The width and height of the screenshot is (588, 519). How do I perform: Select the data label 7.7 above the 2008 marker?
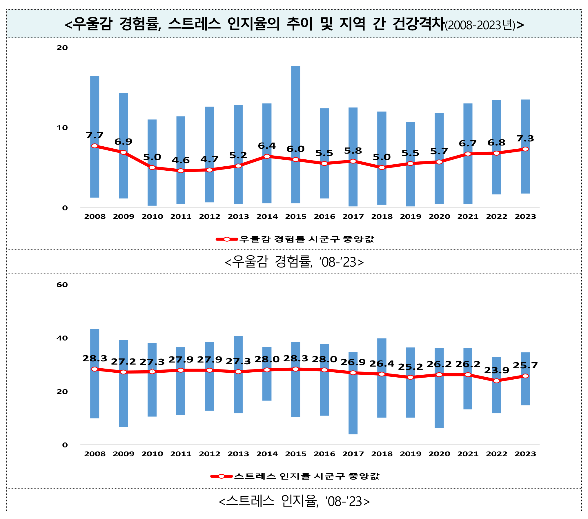(x=95, y=135)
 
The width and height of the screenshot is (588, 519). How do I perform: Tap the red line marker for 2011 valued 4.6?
(x=181, y=171)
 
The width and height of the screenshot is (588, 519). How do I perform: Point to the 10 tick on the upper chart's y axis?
(x=62, y=128)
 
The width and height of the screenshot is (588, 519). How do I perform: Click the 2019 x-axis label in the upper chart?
(x=410, y=216)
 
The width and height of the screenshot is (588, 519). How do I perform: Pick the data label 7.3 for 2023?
(x=525, y=139)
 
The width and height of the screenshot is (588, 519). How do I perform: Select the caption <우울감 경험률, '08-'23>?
(x=294, y=262)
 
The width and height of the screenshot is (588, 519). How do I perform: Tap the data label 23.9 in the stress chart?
(x=496, y=370)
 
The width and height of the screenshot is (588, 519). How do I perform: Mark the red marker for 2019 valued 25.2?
(x=410, y=377)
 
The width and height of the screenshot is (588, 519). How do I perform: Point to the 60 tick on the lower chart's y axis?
(x=62, y=285)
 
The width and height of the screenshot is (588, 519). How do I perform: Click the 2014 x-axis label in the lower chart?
(x=267, y=454)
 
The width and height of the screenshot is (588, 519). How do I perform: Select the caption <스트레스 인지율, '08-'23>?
(x=294, y=501)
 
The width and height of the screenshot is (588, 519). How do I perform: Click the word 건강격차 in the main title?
(x=418, y=24)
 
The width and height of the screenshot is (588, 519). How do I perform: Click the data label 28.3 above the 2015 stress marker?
(x=295, y=358)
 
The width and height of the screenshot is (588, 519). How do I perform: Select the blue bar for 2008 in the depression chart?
(x=95, y=116)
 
